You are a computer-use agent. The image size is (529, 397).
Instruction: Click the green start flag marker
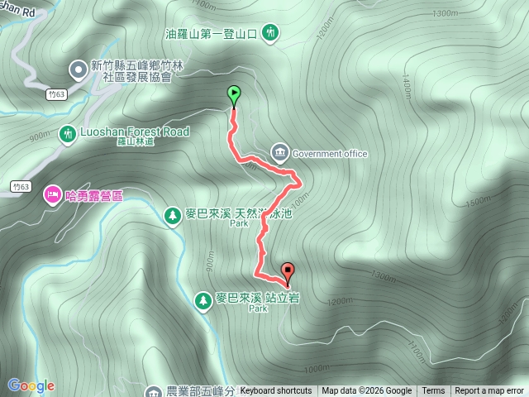[x=234, y=96]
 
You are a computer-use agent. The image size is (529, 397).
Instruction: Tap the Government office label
[x=330, y=153]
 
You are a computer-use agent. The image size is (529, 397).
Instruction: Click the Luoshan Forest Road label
[x=135, y=132]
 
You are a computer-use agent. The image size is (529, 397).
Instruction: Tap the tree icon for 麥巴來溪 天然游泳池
[x=173, y=214]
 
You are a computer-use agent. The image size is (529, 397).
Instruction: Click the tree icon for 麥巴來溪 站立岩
[x=203, y=299]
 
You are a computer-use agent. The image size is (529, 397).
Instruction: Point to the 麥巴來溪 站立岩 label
[x=257, y=298]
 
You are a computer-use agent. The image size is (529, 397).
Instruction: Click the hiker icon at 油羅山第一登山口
[x=270, y=34]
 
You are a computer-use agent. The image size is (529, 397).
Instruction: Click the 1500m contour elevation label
[x=478, y=202]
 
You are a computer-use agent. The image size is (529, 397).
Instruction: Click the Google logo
[x=31, y=385]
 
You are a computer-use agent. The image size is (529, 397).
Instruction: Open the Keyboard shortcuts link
[x=276, y=391]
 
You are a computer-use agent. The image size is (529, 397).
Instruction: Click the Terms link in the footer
[x=433, y=391]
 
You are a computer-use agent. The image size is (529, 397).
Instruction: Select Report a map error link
[x=490, y=391]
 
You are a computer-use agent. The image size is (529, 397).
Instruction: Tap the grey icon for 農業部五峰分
[x=154, y=391]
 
